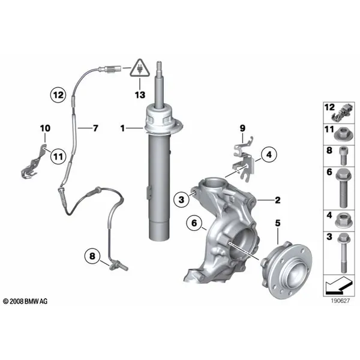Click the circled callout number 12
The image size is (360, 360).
pyautogui.click(x=58, y=95)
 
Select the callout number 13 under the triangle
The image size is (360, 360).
pyautogui.click(x=140, y=95)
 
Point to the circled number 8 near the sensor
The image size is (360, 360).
pyautogui.click(x=92, y=256)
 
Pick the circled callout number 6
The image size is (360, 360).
pyautogui.click(x=194, y=223)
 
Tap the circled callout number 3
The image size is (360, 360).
pyautogui.click(x=181, y=199)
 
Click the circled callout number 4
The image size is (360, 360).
pyautogui.click(x=269, y=154)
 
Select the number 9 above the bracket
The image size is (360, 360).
pyautogui.click(x=242, y=128)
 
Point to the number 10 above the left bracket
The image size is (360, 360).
pyautogui.click(x=45, y=128)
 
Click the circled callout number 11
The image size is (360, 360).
pyautogui.click(x=58, y=157)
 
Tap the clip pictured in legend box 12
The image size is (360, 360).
pyautogui.click(x=342, y=113)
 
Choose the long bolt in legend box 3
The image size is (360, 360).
pyautogui.click(x=343, y=253)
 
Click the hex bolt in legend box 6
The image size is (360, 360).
pyautogui.click(x=343, y=188)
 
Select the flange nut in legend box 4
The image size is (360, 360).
pyautogui.click(x=343, y=221)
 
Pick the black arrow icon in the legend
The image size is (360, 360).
pyautogui.click(x=338, y=286)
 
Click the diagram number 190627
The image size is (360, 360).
pyautogui.click(x=340, y=301)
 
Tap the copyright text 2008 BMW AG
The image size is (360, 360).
pyautogui.click(x=25, y=301)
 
